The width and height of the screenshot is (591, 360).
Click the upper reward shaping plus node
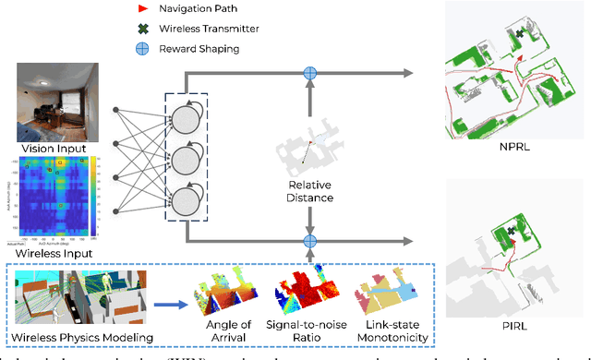pos(310,73)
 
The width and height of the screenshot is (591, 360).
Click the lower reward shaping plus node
pos(310,241)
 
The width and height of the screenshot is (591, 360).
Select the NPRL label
pos(513,144)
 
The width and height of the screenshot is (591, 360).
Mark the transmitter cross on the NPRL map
pos(520,33)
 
